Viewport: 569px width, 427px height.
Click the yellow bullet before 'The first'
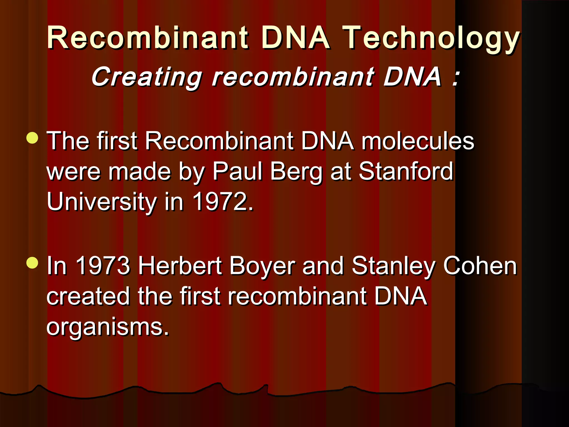(x=33, y=138)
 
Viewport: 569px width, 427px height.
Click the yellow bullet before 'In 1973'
(x=33, y=263)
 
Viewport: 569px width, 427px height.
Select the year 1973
(x=103, y=266)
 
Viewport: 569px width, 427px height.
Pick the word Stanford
(x=406, y=171)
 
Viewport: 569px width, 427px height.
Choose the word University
(x=102, y=202)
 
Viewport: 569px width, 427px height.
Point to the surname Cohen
(x=480, y=266)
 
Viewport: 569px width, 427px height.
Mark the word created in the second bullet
(x=88, y=296)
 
